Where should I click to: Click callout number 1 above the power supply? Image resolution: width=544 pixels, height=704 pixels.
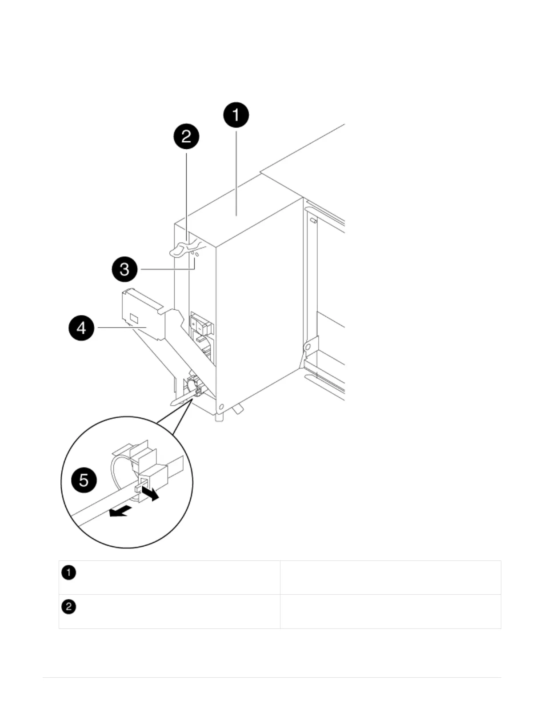coord(236,115)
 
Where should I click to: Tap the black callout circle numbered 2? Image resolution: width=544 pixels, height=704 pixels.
coord(186,136)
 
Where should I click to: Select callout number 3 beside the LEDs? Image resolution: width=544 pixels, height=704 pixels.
coord(124,269)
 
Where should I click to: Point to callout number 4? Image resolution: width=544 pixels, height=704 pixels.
coord(81,328)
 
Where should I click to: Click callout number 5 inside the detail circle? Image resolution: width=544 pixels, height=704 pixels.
coord(84,480)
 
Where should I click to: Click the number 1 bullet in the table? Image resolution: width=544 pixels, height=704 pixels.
coord(69,573)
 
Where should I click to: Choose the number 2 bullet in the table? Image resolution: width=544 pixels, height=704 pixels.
coord(69,607)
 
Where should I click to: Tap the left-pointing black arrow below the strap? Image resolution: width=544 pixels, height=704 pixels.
coord(120,512)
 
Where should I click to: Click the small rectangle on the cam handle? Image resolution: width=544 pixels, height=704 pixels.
coord(134,318)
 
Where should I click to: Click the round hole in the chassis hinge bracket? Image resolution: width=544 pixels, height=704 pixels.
coord(307,347)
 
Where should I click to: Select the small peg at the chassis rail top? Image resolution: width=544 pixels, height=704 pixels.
coord(313,220)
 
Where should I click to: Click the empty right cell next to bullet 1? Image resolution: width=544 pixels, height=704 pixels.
coord(390,577)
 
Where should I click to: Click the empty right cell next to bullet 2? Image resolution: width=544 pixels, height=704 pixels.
coord(390,611)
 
